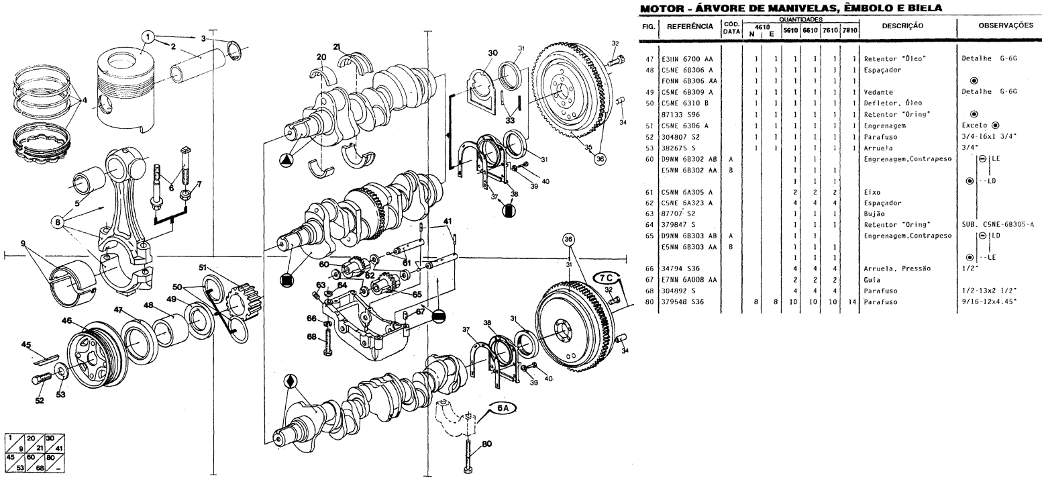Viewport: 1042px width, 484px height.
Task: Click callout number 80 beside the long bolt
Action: (x=486, y=443)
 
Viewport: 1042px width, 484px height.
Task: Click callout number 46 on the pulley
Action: (x=66, y=322)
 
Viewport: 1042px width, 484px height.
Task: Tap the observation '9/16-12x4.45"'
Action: (x=988, y=301)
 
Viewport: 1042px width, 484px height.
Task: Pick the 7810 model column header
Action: (x=851, y=31)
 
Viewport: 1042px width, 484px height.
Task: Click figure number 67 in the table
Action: (x=647, y=279)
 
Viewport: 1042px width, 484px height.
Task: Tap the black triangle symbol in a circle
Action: (x=286, y=161)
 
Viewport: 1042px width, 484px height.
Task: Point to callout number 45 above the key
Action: (x=27, y=345)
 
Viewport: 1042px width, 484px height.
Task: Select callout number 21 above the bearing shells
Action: (x=337, y=46)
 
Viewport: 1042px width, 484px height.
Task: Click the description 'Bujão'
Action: (x=875, y=213)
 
